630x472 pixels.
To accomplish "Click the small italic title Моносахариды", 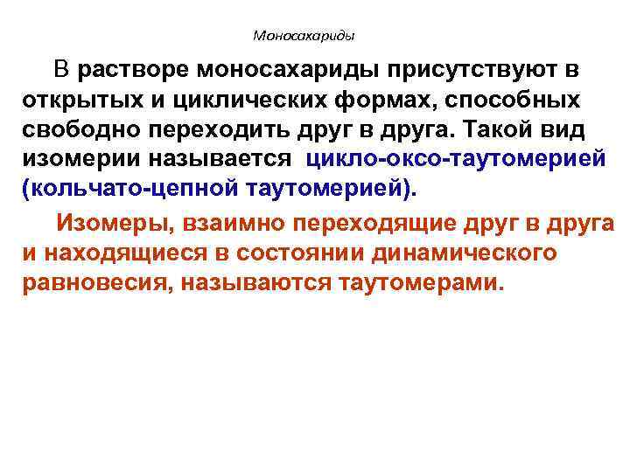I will [x=304, y=37].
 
